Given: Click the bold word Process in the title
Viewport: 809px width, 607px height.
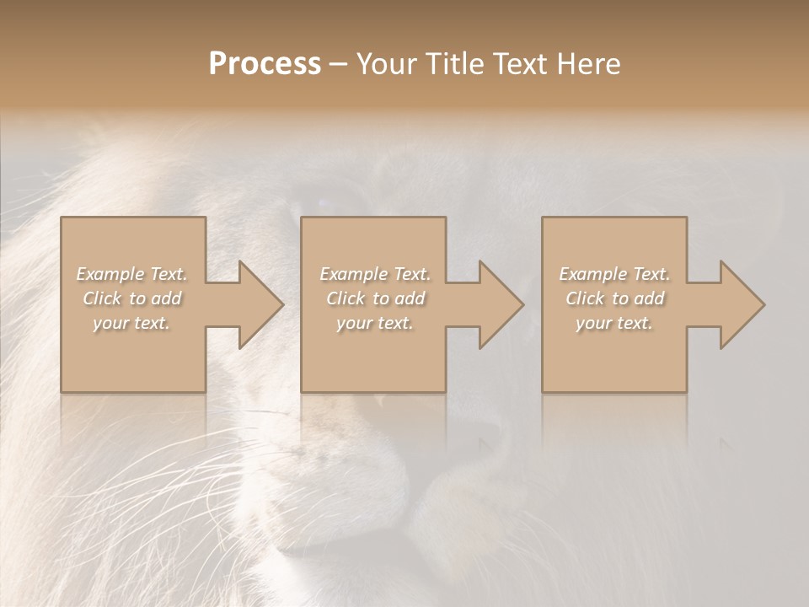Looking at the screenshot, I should [x=265, y=64].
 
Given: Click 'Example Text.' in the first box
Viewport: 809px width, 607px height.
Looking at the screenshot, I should [x=131, y=274].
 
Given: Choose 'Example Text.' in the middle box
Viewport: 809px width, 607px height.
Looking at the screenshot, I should [x=374, y=274].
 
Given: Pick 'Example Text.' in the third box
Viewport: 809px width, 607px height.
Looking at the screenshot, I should [x=614, y=274].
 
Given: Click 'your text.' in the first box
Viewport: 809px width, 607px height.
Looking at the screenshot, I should [x=131, y=323].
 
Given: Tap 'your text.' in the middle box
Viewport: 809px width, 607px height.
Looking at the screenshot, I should [x=374, y=323].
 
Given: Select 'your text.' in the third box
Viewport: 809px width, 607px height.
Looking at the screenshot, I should [x=614, y=323].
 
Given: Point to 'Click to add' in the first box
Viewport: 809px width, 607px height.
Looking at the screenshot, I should [x=131, y=298].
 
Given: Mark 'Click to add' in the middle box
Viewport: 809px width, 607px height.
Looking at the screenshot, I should [x=374, y=298].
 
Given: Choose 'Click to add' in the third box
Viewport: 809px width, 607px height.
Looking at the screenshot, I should [x=614, y=298].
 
